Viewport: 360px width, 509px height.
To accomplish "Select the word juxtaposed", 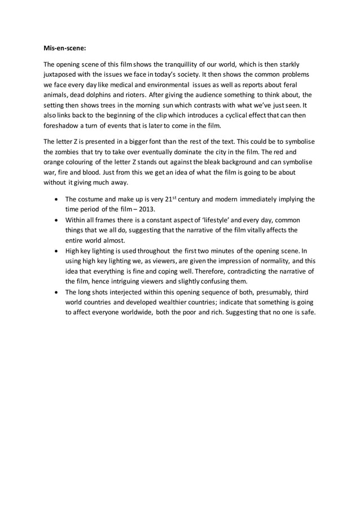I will coord(63,74).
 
